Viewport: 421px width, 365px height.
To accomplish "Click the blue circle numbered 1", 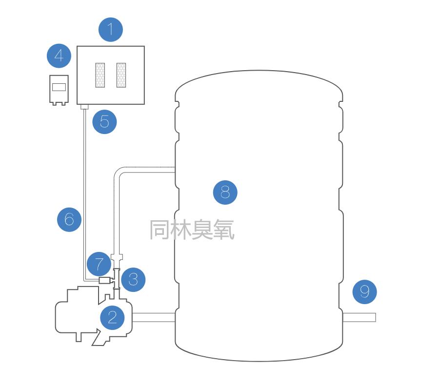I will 111,30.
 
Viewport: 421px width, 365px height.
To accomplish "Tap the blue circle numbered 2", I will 112,318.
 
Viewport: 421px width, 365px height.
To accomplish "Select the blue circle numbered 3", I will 133,280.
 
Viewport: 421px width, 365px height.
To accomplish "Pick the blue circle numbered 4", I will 59,56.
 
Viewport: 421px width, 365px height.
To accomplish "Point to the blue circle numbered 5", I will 104,121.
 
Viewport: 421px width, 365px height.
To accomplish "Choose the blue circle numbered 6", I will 69,219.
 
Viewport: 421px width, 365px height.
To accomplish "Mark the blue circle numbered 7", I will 99,265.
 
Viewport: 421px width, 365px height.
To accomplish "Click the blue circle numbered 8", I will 225,192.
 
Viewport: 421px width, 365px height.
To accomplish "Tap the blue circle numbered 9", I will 365,292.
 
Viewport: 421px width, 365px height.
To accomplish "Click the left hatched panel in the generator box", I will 100,75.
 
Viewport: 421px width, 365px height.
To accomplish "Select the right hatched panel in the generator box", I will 121,75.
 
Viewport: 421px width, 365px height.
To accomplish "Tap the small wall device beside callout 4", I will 59,90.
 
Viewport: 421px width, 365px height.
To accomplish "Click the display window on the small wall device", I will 59,87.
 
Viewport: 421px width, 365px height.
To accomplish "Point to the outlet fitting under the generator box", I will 83,107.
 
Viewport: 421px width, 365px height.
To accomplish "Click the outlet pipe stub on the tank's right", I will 359,318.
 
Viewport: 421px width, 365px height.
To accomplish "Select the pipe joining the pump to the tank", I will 154,318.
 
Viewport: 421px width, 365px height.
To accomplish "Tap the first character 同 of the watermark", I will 160,230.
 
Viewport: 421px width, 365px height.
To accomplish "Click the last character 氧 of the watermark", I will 224,230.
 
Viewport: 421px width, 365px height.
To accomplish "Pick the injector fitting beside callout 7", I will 104,280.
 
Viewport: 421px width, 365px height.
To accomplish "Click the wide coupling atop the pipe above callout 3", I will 117,257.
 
